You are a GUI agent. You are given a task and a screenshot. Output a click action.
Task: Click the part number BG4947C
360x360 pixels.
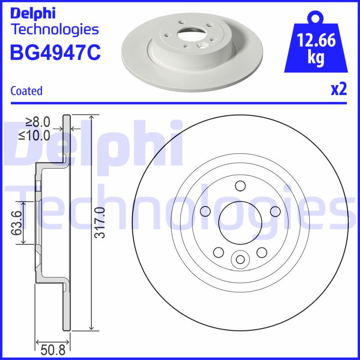coord(55,52)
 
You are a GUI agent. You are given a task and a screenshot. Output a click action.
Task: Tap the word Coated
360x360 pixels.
coord(26,91)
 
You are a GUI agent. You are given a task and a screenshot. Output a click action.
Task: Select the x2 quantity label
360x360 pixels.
coord(338,90)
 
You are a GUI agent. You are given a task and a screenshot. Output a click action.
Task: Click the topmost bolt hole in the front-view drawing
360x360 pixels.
coord(240,185)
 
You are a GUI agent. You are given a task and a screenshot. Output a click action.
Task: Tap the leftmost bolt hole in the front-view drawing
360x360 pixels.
coord(206,211)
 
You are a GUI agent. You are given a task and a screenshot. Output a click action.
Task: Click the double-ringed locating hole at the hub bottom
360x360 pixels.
coord(240,259)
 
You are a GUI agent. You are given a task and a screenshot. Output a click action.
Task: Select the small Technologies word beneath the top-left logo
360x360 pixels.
coord(54,29)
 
